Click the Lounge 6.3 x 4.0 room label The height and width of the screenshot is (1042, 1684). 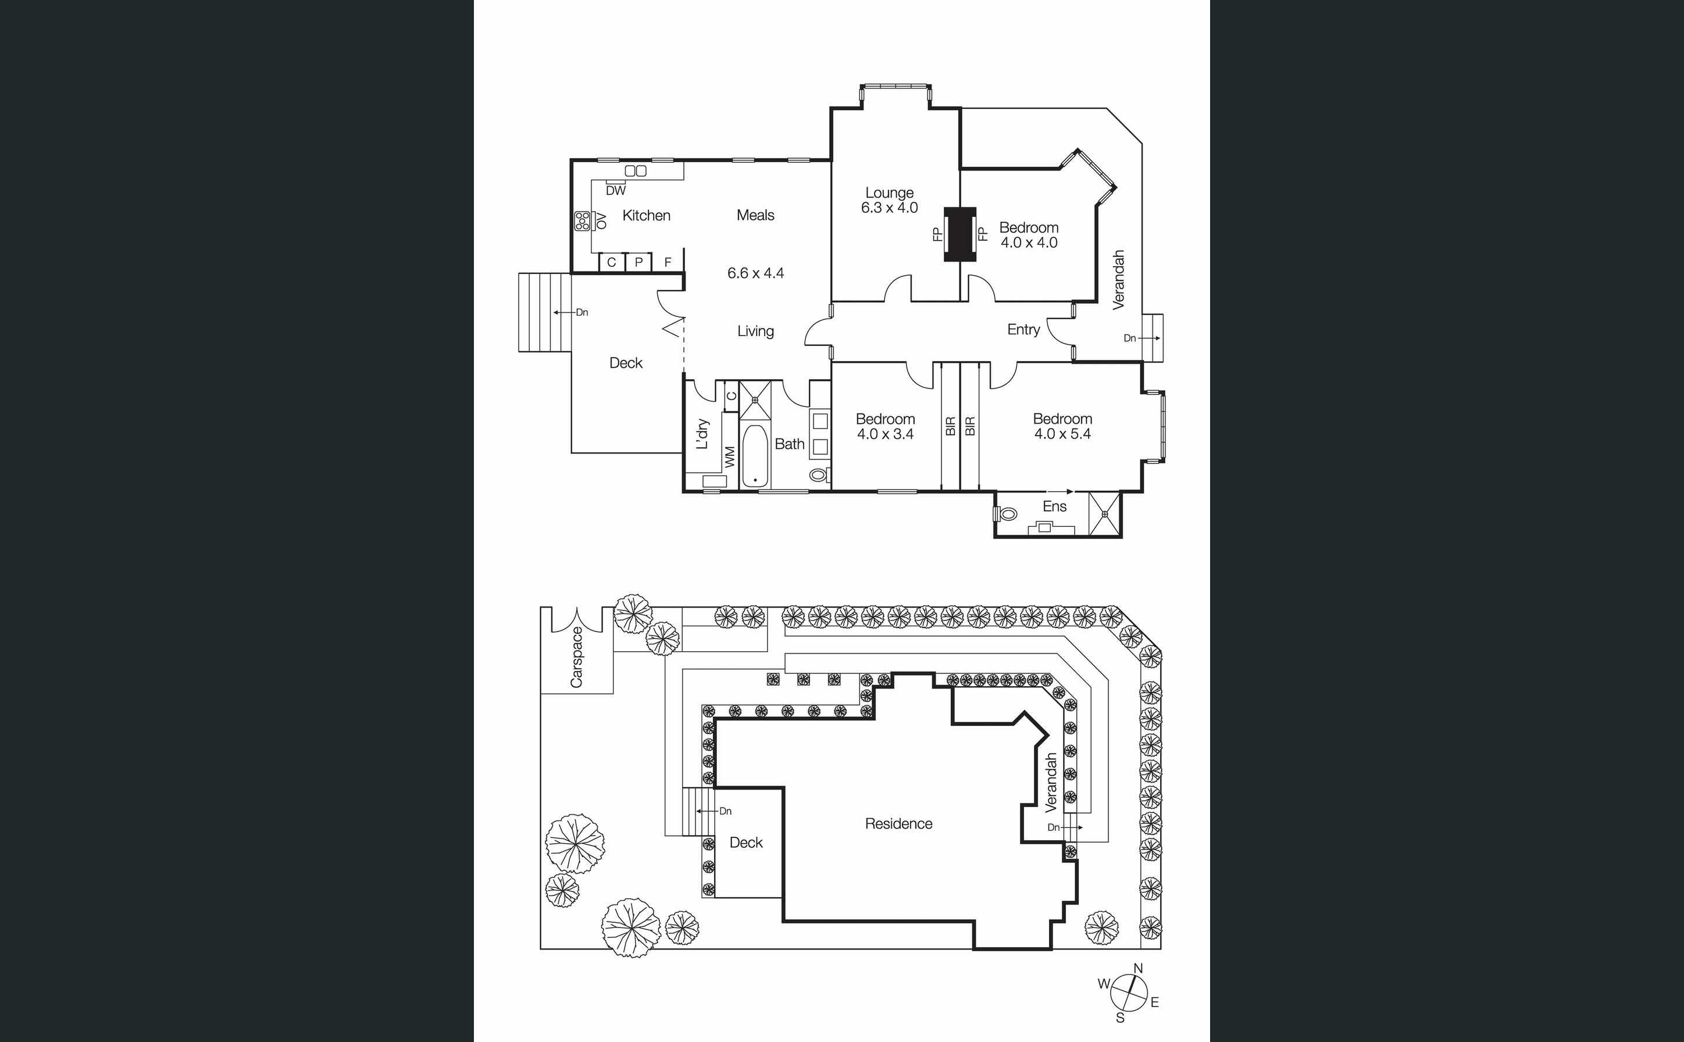tap(890, 201)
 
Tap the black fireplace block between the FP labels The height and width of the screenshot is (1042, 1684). tap(960, 234)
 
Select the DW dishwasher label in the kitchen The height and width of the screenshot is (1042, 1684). tap(615, 191)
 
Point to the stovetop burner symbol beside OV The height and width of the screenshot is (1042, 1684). tap(582, 220)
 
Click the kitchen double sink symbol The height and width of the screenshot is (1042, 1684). tap(636, 171)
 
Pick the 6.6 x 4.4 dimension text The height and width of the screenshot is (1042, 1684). tap(755, 273)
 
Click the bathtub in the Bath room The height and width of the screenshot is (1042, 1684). tap(755, 456)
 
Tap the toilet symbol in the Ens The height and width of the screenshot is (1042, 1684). tap(1006, 513)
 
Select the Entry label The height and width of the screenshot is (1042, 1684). tap(1023, 330)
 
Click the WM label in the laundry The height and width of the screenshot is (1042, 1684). tap(730, 456)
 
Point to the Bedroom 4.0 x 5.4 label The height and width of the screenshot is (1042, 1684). tap(1062, 426)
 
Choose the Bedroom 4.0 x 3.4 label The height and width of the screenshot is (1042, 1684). tap(886, 426)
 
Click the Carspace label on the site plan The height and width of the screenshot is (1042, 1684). tap(576, 656)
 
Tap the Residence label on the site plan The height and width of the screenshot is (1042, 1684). tap(898, 823)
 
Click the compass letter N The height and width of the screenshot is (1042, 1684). tap(1139, 968)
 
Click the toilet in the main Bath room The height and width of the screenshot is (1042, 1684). tap(819, 475)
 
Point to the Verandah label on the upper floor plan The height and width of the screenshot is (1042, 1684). tap(1118, 279)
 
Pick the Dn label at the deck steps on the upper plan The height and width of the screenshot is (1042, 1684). tap(582, 312)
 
